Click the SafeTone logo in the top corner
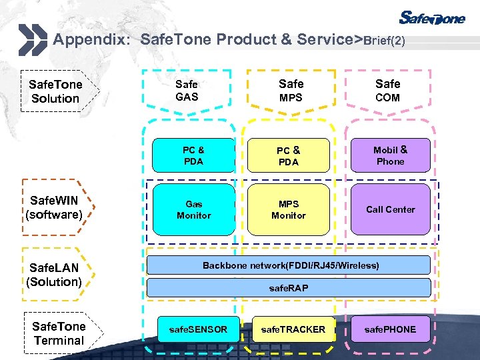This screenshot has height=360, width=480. [432, 18]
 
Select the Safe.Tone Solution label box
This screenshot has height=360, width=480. [56, 91]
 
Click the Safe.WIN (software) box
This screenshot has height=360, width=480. [55, 207]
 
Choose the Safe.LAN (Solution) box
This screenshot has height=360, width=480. [55, 275]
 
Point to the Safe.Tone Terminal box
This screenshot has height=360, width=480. [59, 333]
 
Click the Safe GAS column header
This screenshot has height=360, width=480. [187, 91]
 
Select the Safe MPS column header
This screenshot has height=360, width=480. [291, 91]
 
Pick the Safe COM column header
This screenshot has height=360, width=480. [387, 91]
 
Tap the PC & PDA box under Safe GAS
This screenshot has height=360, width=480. [193, 156]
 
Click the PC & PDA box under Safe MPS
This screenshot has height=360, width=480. [289, 156]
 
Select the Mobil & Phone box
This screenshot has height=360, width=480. [391, 156]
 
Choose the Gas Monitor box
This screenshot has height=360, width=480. [193, 210]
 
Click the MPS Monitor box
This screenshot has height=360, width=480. [289, 210]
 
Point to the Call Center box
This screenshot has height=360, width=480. [391, 210]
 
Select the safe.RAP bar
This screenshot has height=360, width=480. [289, 288]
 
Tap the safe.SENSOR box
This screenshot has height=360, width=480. [198, 329]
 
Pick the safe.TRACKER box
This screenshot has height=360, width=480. [293, 329]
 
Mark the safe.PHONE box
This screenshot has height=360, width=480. [391, 329]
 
